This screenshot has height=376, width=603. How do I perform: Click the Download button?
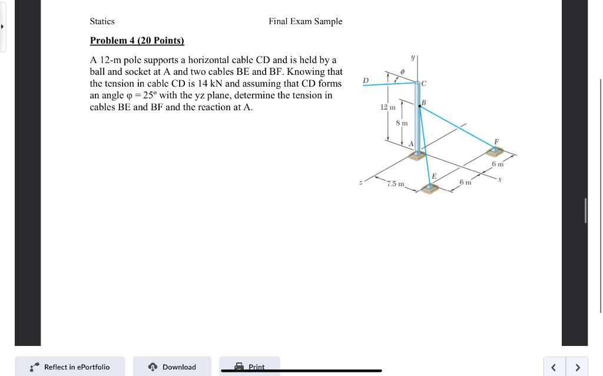172,367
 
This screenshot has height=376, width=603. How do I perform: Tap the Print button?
250,367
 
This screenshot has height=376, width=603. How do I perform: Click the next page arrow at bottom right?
577,367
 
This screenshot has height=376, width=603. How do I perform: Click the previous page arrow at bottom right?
554,367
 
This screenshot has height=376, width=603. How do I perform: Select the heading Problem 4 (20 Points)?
137,41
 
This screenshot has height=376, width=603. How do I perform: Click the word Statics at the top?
102,21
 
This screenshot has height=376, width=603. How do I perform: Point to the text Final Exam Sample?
305,21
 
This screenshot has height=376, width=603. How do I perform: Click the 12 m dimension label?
387,107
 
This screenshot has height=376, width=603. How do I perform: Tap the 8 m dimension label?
402,123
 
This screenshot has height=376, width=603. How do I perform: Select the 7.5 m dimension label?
396,184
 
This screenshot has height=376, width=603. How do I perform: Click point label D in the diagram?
365,80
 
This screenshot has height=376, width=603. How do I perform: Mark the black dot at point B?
419,106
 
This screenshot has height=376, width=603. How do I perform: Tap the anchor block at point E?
431,187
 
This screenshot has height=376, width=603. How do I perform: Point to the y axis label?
413,58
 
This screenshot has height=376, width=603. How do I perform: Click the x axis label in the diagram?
499,179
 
